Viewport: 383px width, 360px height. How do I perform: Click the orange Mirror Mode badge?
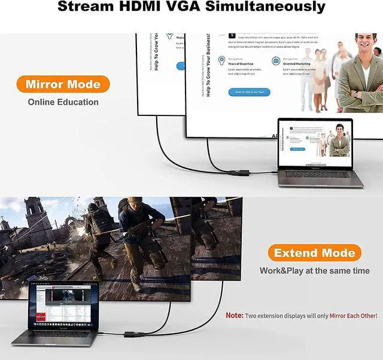coord(62,84)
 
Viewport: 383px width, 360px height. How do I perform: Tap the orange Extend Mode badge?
coord(314,252)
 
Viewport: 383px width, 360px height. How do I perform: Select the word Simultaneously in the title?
coord(272,8)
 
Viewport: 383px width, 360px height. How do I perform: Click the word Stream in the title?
coord(87,8)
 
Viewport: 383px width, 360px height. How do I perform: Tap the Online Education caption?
coord(63,102)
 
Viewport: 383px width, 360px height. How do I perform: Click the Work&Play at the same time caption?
coord(314,271)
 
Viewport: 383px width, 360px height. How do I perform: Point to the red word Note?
coord(234,315)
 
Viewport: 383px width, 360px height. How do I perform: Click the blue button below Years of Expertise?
coord(251,91)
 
